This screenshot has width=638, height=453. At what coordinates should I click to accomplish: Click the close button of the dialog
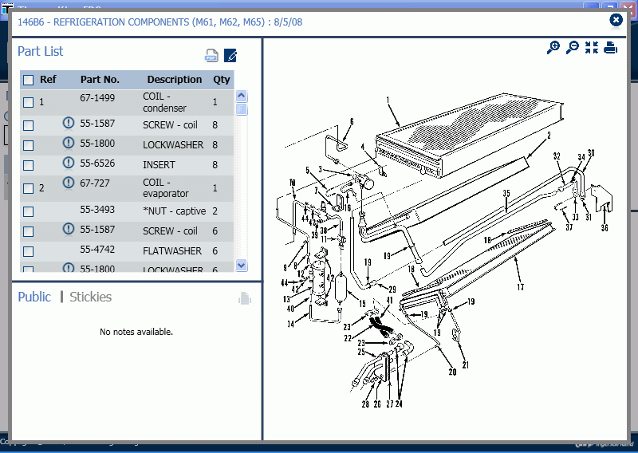click(x=616, y=20)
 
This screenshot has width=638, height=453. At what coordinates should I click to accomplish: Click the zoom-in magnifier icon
click(x=553, y=48)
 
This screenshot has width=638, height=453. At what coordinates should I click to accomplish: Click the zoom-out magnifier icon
click(x=572, y=48)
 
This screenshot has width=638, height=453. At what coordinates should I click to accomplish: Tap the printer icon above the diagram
click(x=611, y=48)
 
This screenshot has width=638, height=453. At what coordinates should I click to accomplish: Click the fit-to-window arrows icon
click(x=591, y=48)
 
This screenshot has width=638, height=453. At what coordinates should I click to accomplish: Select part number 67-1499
click(x=97, y=98)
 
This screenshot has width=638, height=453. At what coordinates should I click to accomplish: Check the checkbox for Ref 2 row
click(x=29, y=188)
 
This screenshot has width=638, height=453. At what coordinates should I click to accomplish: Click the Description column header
click(x=174, y=80)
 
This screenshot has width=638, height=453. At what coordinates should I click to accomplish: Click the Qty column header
click(x=221, y=80)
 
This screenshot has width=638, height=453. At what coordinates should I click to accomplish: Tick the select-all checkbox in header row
click(x=29, y=80)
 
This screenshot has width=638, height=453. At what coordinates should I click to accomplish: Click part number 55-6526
click(x=97, y=163)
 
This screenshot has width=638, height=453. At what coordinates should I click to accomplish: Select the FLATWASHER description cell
click(x=172, y=250)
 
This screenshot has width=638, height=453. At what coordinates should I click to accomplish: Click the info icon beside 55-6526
click(x=69, y=163)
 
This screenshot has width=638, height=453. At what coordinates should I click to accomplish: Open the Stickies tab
click(x=90, y=297)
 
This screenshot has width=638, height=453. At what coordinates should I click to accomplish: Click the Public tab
click(x=34, y=297)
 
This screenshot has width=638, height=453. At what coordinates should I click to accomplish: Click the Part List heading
click(x=41, y=52)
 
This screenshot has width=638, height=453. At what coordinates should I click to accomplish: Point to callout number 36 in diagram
click(x=605, y=228)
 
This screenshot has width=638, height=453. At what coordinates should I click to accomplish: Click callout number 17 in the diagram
click(x=520, y=287)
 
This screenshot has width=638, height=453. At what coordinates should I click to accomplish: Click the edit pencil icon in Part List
click(x=230, y=56)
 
